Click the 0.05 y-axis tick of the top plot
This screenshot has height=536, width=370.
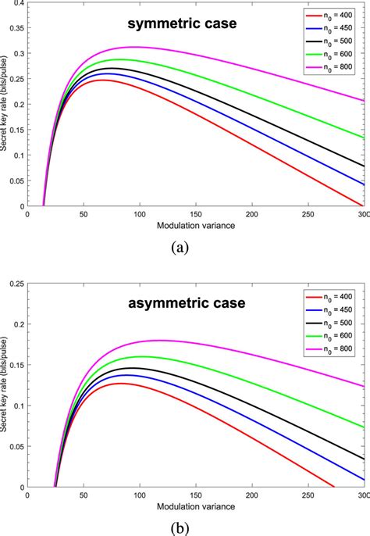[x=16, y=180]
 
